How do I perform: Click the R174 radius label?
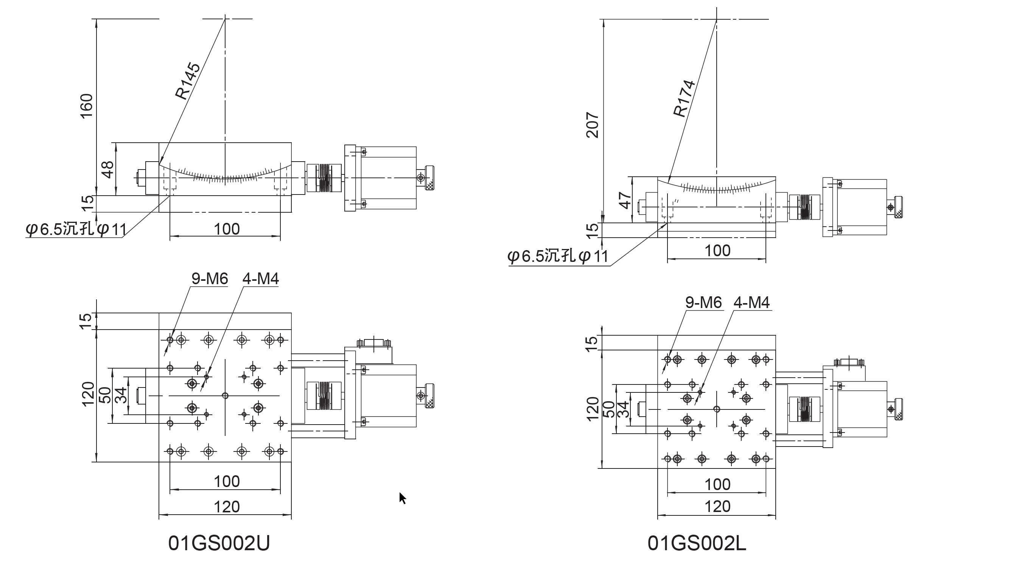point(684,98)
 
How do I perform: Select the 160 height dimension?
point(87,106)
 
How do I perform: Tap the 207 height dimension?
point(592,125)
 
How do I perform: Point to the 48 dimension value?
point(107,170)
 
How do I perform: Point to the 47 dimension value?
point(625,200)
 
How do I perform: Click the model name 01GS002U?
point(219,543)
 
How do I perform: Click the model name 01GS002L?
point(697,543)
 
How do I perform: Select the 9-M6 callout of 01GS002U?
point(210,279)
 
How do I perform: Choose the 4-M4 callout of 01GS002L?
point(751,303)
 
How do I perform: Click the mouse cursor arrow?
point(402,498)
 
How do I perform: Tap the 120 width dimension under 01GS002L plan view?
point(717,507)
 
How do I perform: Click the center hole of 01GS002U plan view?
point(225,395)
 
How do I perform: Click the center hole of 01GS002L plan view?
point(716,409)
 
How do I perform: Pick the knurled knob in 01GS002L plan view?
point(898,409)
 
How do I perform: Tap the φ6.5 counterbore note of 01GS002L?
point(558,256)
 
